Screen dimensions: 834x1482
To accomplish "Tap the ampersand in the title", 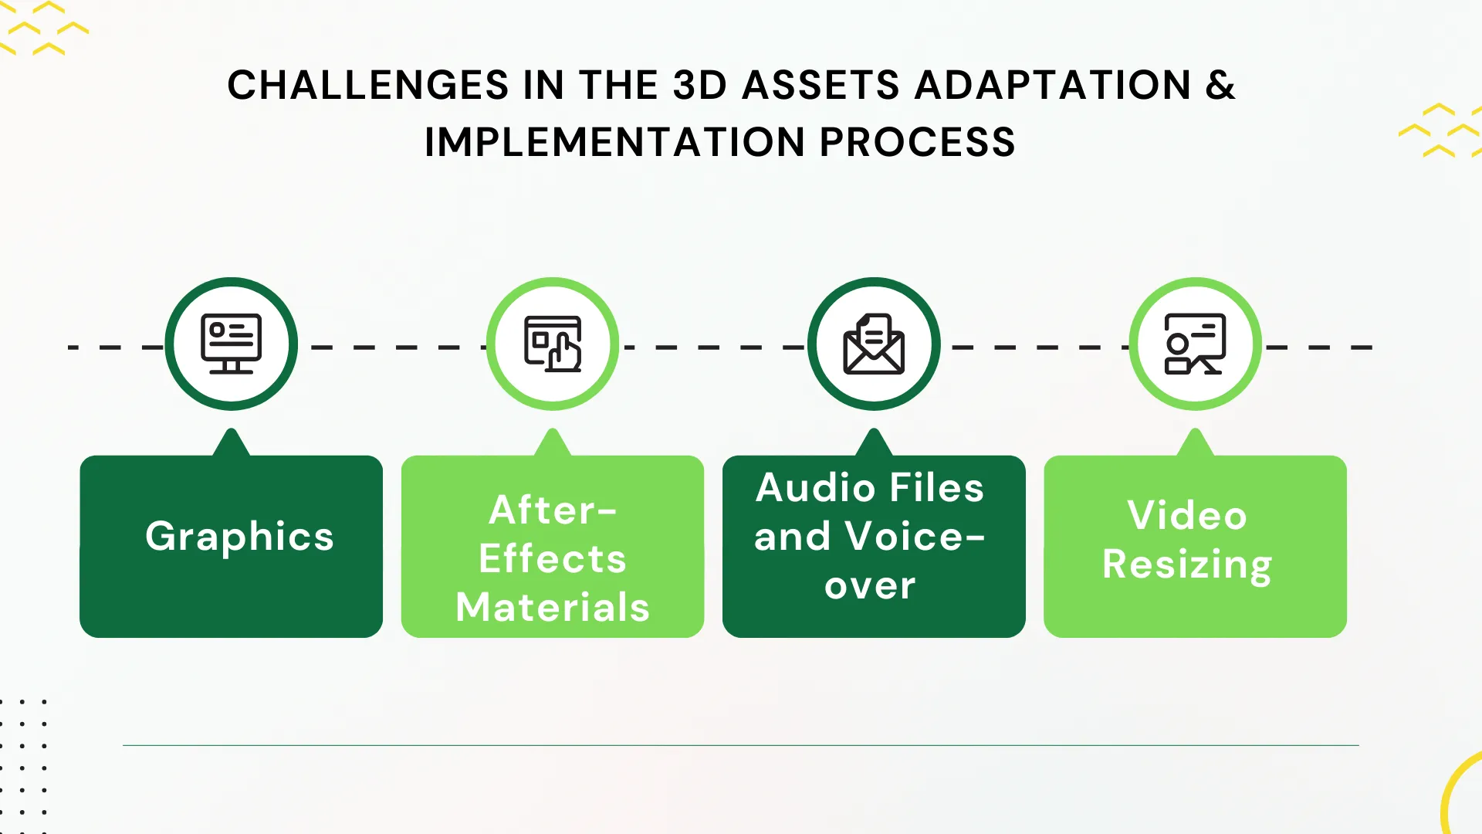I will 1220,85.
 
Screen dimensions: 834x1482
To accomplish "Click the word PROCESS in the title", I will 917,142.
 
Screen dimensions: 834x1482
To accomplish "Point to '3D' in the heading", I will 699,85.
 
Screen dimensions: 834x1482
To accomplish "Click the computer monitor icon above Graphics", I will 231,344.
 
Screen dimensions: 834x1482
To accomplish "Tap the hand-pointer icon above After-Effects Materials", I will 553,344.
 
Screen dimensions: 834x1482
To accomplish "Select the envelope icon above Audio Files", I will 874,344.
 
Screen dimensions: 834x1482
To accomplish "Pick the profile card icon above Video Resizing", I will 1195,344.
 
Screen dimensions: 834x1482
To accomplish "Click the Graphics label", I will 239,536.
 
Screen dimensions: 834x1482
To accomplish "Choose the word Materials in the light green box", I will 553,607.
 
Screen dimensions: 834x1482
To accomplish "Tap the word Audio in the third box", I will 815,488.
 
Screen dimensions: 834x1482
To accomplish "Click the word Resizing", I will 1187,564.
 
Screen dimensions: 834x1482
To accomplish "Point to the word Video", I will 1187,515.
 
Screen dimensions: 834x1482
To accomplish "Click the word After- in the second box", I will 553,510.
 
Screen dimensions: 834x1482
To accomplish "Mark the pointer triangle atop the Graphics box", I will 231,444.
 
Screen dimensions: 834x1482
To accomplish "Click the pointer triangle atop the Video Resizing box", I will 1195,444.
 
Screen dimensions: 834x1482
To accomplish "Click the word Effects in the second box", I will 553,558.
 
